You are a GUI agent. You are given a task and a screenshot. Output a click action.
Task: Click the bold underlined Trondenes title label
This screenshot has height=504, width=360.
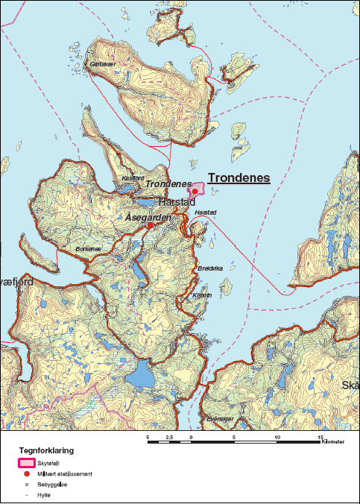(239, 178)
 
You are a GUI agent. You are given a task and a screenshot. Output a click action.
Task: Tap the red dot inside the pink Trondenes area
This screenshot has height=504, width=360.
(195, 191)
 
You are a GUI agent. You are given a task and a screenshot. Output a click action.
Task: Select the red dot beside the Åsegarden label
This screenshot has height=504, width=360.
(150, 224)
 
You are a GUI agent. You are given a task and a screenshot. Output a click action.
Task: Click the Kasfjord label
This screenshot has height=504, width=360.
(132, 179)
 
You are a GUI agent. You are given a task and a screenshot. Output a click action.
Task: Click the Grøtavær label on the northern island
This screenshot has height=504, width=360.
(103, 65)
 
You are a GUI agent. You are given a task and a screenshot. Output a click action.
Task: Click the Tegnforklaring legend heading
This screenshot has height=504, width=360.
(46, 451)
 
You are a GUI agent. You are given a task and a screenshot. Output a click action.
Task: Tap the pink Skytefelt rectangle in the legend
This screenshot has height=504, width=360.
(25, 463)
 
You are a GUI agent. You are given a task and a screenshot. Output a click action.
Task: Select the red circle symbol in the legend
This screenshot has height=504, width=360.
(26, 473)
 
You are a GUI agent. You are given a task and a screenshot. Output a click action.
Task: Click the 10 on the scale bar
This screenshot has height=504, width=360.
(277, 437)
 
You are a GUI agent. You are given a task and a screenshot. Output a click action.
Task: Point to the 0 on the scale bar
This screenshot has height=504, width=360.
(192, 437)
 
